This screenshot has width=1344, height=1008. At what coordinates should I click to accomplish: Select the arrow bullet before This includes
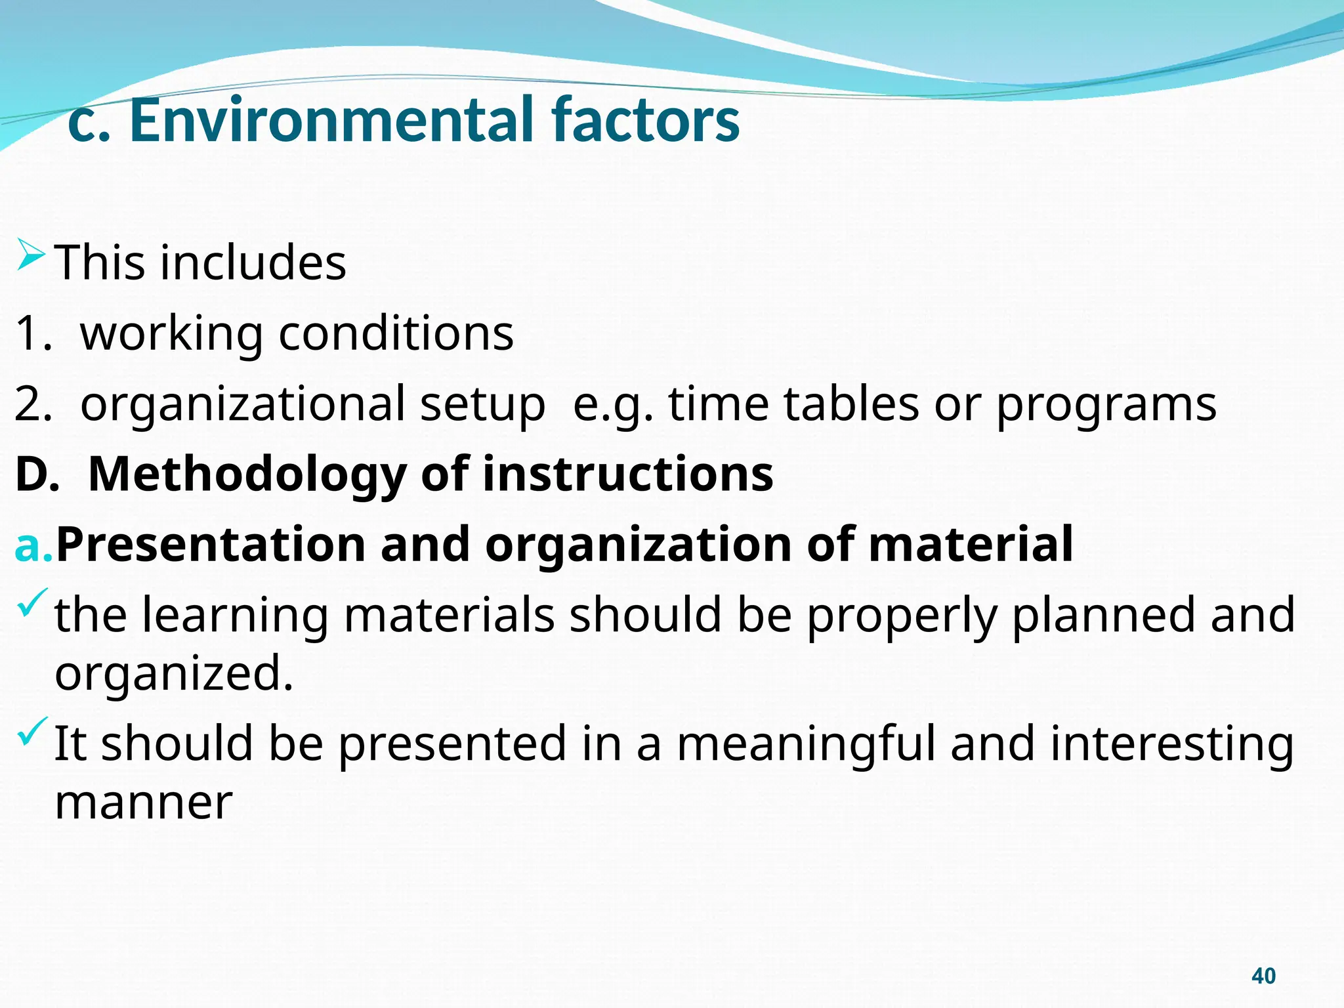click(x=31, y=255)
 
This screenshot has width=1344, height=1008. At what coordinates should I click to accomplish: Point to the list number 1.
click(x=32, y=333)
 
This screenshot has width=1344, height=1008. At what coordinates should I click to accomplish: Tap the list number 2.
click(x=32, y=404)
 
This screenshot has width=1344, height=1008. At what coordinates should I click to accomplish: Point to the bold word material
click(x=971, y=545)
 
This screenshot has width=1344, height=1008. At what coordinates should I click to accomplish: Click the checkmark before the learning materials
click(x=33, y=602)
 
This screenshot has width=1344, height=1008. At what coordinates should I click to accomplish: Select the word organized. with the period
click(x=174, y=675)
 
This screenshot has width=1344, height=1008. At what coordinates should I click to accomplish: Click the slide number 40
click(x=1263, y=976)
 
